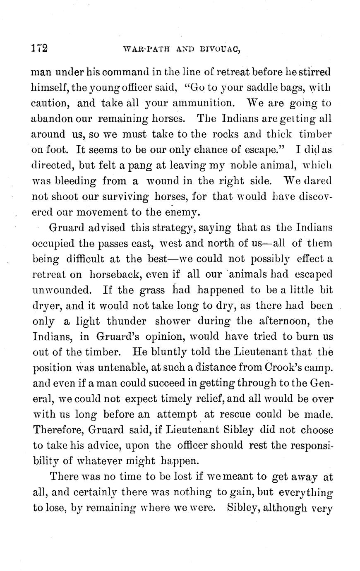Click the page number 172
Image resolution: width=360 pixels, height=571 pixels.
(x=40, y=48)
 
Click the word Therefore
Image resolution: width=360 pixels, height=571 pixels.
(x=58, y=430)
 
